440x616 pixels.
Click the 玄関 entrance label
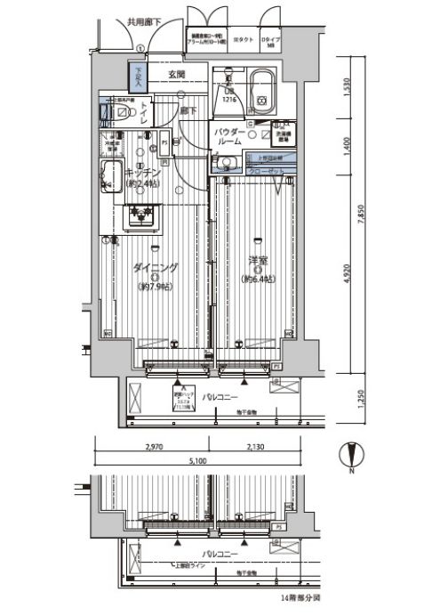tap(175, 74)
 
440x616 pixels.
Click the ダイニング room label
tap(156, 267)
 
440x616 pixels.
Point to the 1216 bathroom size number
tap(228, 99)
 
